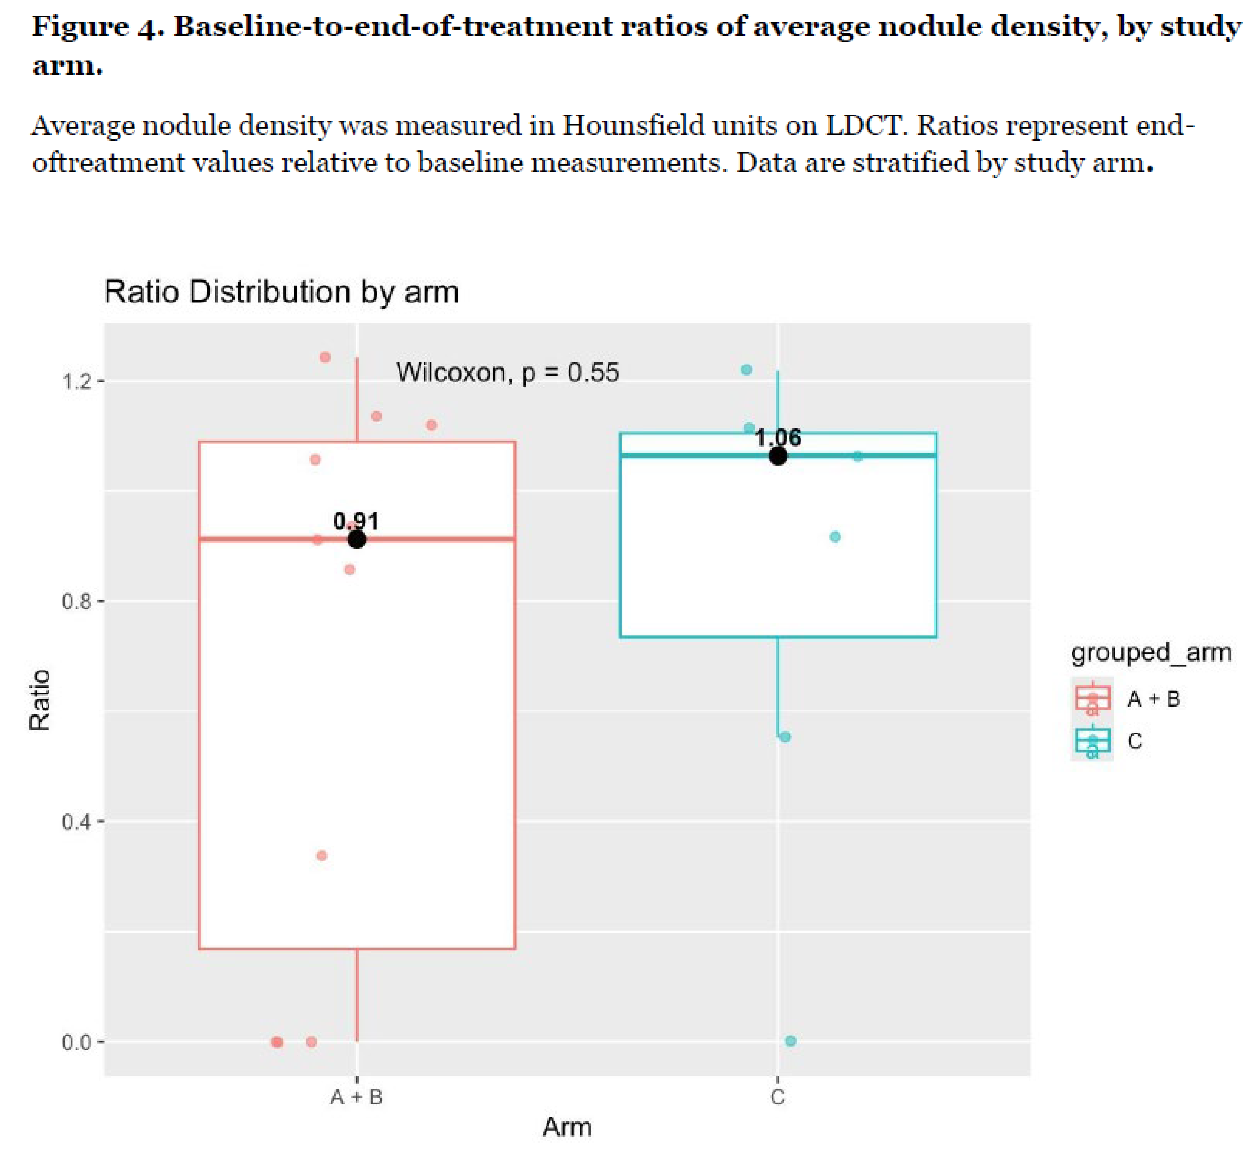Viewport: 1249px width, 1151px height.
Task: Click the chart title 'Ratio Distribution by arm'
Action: pos(281,292)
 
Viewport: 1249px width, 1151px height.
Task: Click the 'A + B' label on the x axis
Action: pos(356,1096)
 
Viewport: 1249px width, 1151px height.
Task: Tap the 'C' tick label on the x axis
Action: pos(777,1096)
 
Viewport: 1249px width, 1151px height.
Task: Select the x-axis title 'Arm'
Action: pos(566,1127)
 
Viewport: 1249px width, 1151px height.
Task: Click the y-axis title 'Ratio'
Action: pos(40,700)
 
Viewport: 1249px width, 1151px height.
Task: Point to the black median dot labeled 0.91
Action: pos(356,539)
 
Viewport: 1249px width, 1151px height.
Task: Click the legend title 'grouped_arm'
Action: pos(1151,652)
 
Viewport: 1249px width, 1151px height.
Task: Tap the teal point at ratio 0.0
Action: pos(790,1041)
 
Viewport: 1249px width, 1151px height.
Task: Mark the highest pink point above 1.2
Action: pos(325,357)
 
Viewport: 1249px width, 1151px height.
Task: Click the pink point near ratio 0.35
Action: pos(321,856)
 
